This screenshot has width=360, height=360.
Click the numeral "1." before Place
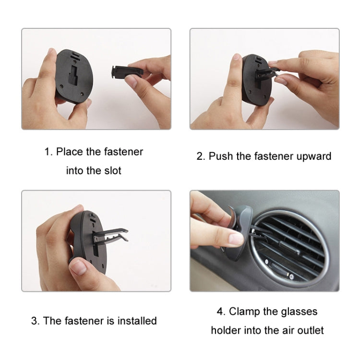(x=48, y=152)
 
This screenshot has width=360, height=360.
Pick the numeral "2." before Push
(x=201, y=156)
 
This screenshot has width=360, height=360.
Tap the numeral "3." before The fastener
(x=36, y=321)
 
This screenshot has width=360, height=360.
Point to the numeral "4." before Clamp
(x=221, y=312)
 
